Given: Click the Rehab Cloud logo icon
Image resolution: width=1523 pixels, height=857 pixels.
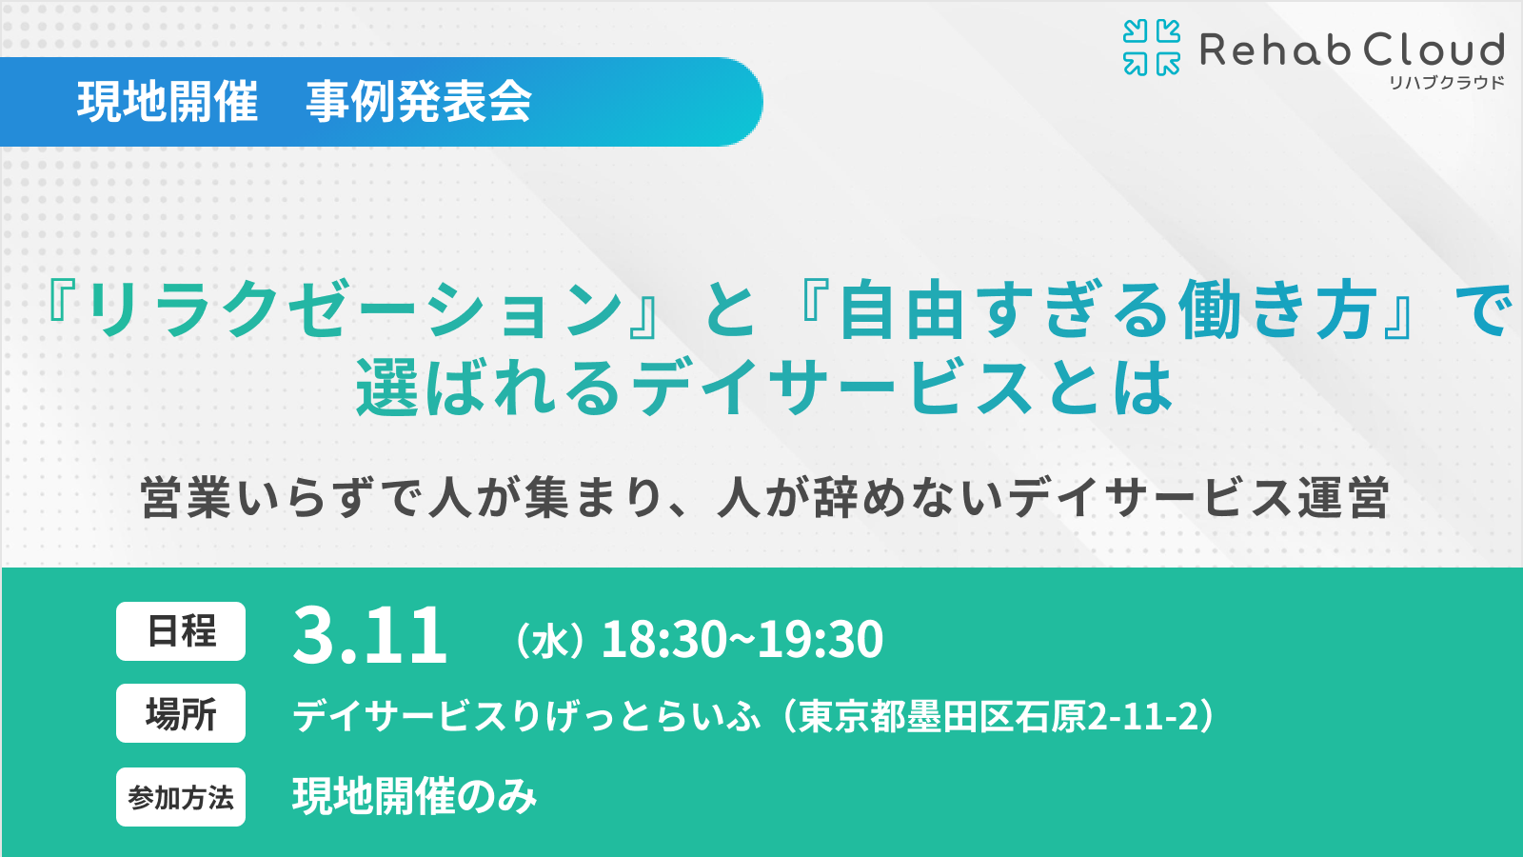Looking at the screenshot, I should coord(1152,48).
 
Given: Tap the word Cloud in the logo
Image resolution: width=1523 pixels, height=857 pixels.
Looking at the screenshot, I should coord(1434,50).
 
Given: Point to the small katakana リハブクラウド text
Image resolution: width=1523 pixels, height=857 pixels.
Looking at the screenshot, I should coord(1447,83).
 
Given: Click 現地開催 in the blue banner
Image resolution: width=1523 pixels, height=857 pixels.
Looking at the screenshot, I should coord(168,102).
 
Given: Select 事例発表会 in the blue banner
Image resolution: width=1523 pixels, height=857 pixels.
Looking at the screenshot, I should coord(419,102).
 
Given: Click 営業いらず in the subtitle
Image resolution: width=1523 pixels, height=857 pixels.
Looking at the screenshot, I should coord(257,498).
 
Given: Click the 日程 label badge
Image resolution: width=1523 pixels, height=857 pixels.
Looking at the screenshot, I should coord(181,631).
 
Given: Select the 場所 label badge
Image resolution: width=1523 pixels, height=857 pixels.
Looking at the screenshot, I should coord(181,713).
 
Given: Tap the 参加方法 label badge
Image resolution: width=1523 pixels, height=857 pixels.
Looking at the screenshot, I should coord(181,797).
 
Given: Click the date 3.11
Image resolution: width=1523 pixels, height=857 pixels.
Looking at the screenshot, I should coord(369,636).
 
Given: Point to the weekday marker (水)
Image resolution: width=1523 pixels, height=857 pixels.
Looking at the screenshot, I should coord(549,641).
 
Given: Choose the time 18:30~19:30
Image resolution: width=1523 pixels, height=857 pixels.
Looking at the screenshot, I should coord(742,639).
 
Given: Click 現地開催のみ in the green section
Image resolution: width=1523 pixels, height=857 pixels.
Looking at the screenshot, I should coord(415,797).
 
